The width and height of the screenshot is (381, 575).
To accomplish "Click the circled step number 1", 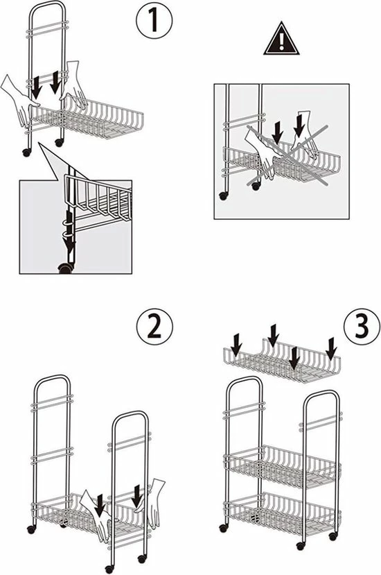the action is (154, 21).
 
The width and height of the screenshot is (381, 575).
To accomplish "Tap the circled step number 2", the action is (154, 327).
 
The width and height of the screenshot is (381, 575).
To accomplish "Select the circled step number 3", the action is (362, 327).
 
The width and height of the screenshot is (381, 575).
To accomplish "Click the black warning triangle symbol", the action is (281, 39).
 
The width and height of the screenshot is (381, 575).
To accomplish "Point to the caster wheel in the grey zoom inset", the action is (65, 269).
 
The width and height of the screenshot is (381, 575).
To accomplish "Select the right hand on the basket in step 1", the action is (74, 86).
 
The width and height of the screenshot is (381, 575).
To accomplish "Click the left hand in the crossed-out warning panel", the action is (262, 153).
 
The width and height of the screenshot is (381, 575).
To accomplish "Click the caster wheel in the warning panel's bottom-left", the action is (223, 196).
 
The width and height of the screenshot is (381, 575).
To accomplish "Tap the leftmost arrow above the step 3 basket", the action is (237, 344).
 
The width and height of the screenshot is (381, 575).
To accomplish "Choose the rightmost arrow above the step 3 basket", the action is (332, 349).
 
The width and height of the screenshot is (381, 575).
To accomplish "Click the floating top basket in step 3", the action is (282, 362).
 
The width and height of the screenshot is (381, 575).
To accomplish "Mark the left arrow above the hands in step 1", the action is (35, 88).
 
